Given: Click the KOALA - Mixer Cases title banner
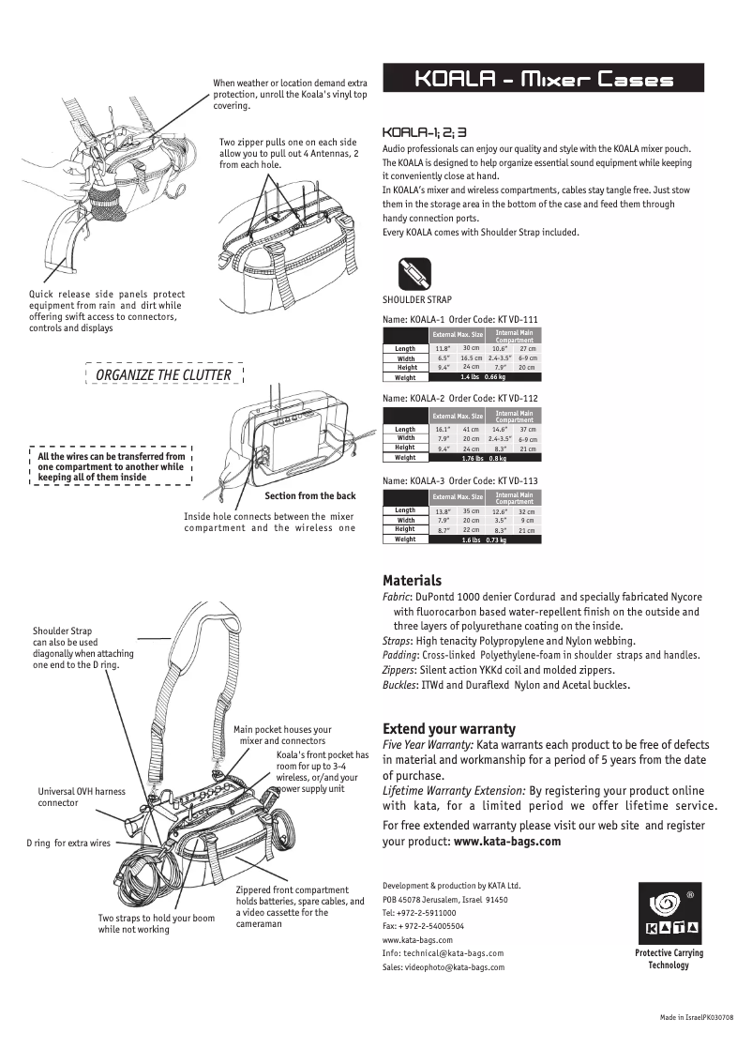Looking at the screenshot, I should point(543,79).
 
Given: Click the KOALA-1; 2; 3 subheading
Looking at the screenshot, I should point(425,132).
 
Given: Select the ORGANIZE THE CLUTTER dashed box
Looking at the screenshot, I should point(164,374).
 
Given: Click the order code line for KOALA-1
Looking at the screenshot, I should point(459,319).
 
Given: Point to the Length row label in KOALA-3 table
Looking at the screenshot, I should point(405,510).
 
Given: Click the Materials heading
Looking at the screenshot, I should point(412,581).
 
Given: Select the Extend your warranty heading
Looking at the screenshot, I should point(449,729).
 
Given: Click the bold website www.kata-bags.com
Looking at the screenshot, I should point(507,842).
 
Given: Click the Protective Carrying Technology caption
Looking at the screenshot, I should point(669,959).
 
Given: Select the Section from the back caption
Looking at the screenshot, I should point(310,495).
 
